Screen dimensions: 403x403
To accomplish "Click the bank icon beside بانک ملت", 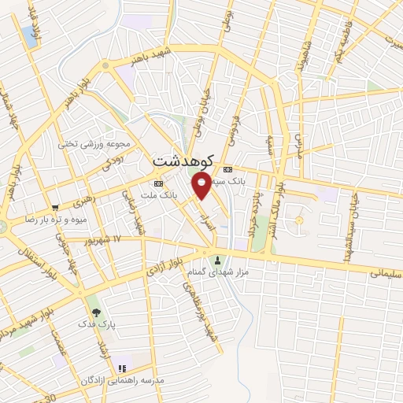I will coord(158,183).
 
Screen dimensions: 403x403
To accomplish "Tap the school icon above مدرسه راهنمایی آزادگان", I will coord(121,368).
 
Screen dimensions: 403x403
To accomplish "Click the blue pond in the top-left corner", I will coord(29,35).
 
